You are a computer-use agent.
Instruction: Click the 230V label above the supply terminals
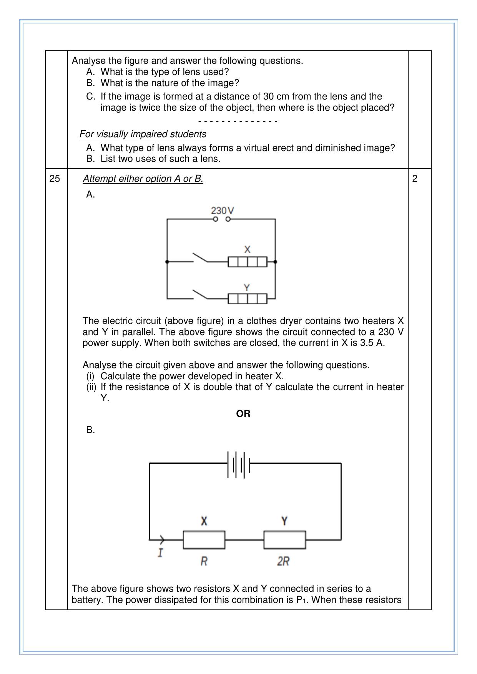pyautogui.click(x=222, y=210)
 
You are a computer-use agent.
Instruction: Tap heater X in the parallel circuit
pyautogui.click(x=247, y=262)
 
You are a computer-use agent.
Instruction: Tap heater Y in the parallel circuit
pyautogui.click(x=247, y=299)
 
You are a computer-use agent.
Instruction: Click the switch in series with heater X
pyautogui.click(x=200, y=258)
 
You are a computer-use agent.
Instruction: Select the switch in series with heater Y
pyautogui.click(x=200, y=294)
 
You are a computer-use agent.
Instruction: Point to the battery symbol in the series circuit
pyautogui.click(x=239, y=464)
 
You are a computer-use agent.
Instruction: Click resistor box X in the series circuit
pyautogui.click(x=204, y=540)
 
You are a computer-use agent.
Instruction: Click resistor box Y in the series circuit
pyautogui.click(x=284, y=540)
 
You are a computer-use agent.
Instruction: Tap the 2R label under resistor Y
pyautogui.click(x=283, y=561)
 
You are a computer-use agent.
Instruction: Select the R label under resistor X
pyautogui.click(x=204, y=561)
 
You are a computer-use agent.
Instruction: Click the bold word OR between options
pyautogui.click(x=243, y=414)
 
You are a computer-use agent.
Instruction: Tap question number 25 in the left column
pyautogui.click(x=55, y=179)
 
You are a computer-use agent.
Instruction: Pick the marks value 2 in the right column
pyautogui.click(x=415, y=179)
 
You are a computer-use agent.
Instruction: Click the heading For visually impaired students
pyautogui.click(x=143, y=134)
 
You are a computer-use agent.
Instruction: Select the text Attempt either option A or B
pyautogui.click(x=143, y=179)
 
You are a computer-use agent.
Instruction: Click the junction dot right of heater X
pyautogui.click(x=275, y=262)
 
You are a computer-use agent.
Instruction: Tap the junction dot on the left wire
pyautogui.click(x=167, y=262)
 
